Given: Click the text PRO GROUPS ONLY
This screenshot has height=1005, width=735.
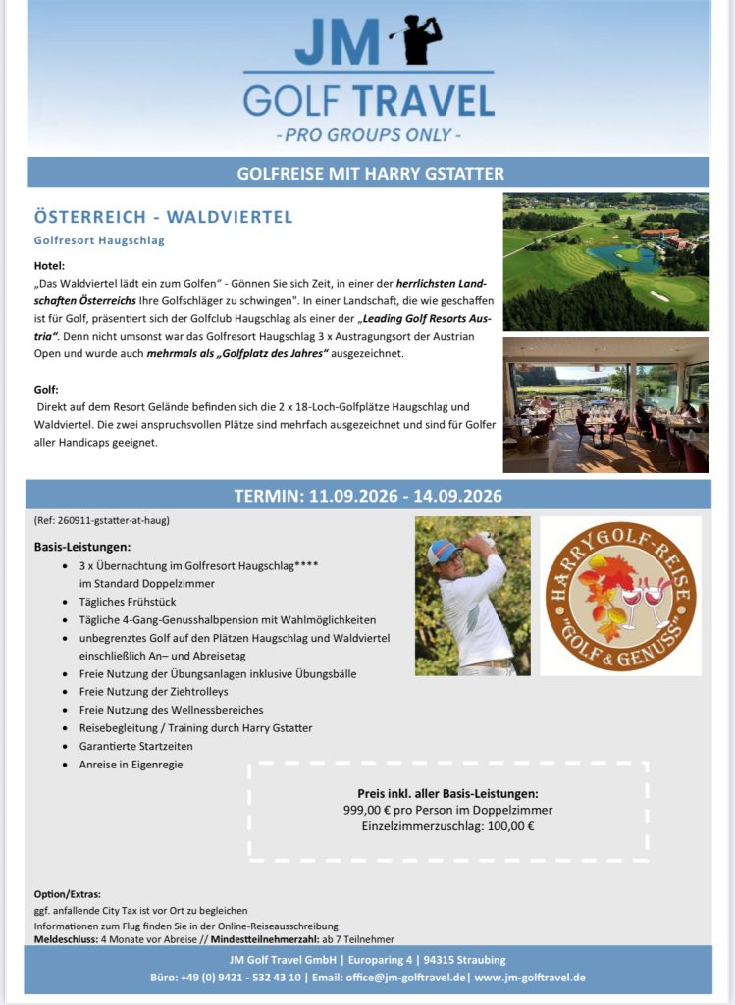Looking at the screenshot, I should point(369,133).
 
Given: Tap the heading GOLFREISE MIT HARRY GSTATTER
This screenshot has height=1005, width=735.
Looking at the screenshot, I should point(370,174).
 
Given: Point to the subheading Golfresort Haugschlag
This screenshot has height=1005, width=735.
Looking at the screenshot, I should point(99,240).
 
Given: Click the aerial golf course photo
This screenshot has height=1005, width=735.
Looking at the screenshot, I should point(605,261).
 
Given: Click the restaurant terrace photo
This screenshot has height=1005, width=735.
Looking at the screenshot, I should point(605,404).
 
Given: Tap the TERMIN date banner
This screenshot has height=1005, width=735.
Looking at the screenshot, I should point(368,495).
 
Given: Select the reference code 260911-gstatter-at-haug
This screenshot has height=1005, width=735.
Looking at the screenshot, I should point(108,520).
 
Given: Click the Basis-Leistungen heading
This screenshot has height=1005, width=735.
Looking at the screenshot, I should point(82,546).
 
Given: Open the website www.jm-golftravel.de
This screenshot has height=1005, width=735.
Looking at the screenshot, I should point(530,978).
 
